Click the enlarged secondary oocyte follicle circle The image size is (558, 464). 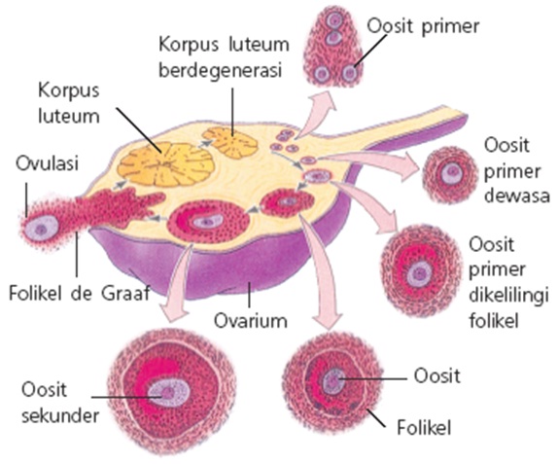(x=171, y=392)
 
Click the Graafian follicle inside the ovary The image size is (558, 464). (x=203, y=223)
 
